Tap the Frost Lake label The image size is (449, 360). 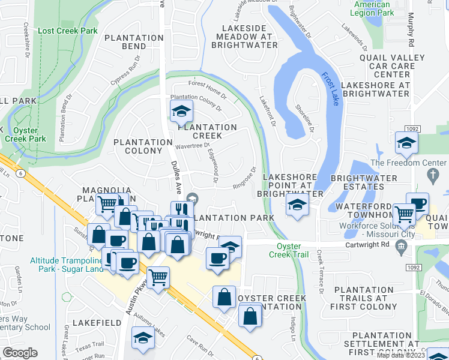(330, 89)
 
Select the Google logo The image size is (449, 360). (20, 353)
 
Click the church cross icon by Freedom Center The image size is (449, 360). (432, 175)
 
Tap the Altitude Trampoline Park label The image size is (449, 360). (66, 266)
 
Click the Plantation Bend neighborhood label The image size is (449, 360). (133, 41)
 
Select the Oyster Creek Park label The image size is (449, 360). (25, 134)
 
